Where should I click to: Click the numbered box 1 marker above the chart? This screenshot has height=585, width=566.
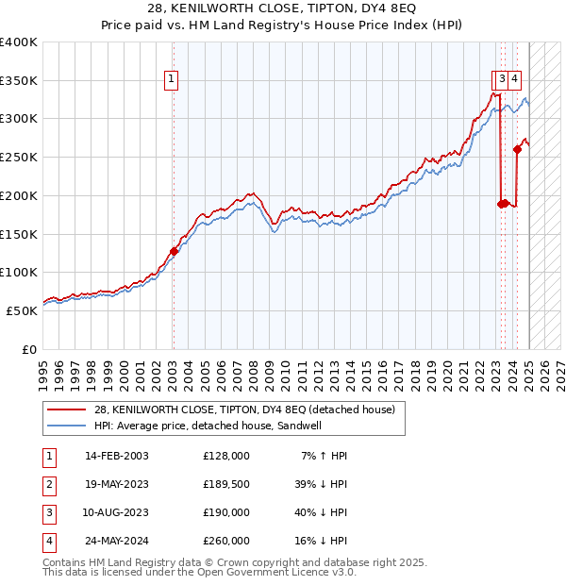click(172, 80)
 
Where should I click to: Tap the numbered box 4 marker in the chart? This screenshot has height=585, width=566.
click(516, 80)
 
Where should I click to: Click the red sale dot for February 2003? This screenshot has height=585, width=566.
click(174, 251)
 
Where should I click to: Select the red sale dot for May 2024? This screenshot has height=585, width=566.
click(518, 149)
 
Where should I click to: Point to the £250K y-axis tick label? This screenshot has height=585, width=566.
click(19, 157)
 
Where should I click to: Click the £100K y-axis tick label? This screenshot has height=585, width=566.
click(19, 272)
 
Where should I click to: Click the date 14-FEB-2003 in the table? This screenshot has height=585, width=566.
click(117, 456)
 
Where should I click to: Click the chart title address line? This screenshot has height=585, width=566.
click(283, 10)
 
